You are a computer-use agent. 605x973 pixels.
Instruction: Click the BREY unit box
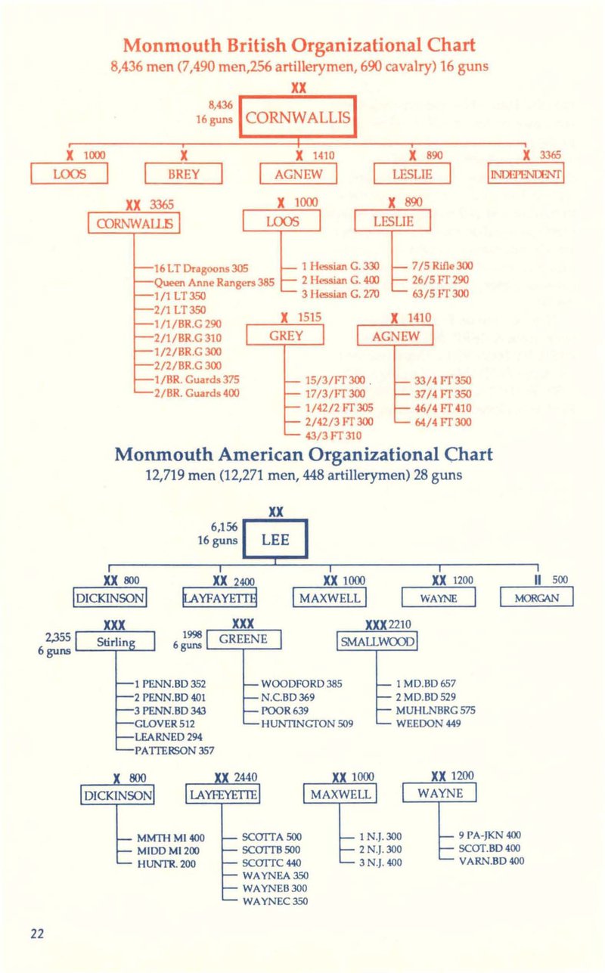coord(184,174)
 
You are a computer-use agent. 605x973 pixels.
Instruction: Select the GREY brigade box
coord(285,336)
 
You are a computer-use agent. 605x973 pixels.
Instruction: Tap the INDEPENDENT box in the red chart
coord(526,173)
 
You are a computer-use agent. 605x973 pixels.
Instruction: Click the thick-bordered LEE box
coord(275,539)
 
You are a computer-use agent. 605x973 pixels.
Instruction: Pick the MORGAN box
coord(537,597)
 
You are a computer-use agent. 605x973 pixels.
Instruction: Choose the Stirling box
coord(116,642)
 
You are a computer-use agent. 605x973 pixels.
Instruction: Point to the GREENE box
coord(244,640)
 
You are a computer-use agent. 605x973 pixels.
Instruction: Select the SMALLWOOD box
coord(377,641)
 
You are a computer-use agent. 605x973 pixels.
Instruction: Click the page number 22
coord(37,934)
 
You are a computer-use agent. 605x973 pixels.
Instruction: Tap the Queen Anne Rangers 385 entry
coord(214,282)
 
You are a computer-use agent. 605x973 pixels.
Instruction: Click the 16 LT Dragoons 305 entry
coord(201,268)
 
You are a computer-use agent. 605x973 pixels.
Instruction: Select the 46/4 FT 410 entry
coord(443,408)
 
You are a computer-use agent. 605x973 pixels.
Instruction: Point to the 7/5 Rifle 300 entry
coord(442,266)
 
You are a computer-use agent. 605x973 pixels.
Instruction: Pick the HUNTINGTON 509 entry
coord(307,724)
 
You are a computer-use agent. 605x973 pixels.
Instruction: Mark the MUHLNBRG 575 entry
coord(436,710)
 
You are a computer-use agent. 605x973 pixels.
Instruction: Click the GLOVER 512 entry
coord(165,724)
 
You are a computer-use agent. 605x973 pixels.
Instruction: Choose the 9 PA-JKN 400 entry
coord(489,835)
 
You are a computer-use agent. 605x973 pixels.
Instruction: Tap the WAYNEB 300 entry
coord(275,888)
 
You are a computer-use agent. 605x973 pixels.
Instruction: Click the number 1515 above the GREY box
coord(309,318)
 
